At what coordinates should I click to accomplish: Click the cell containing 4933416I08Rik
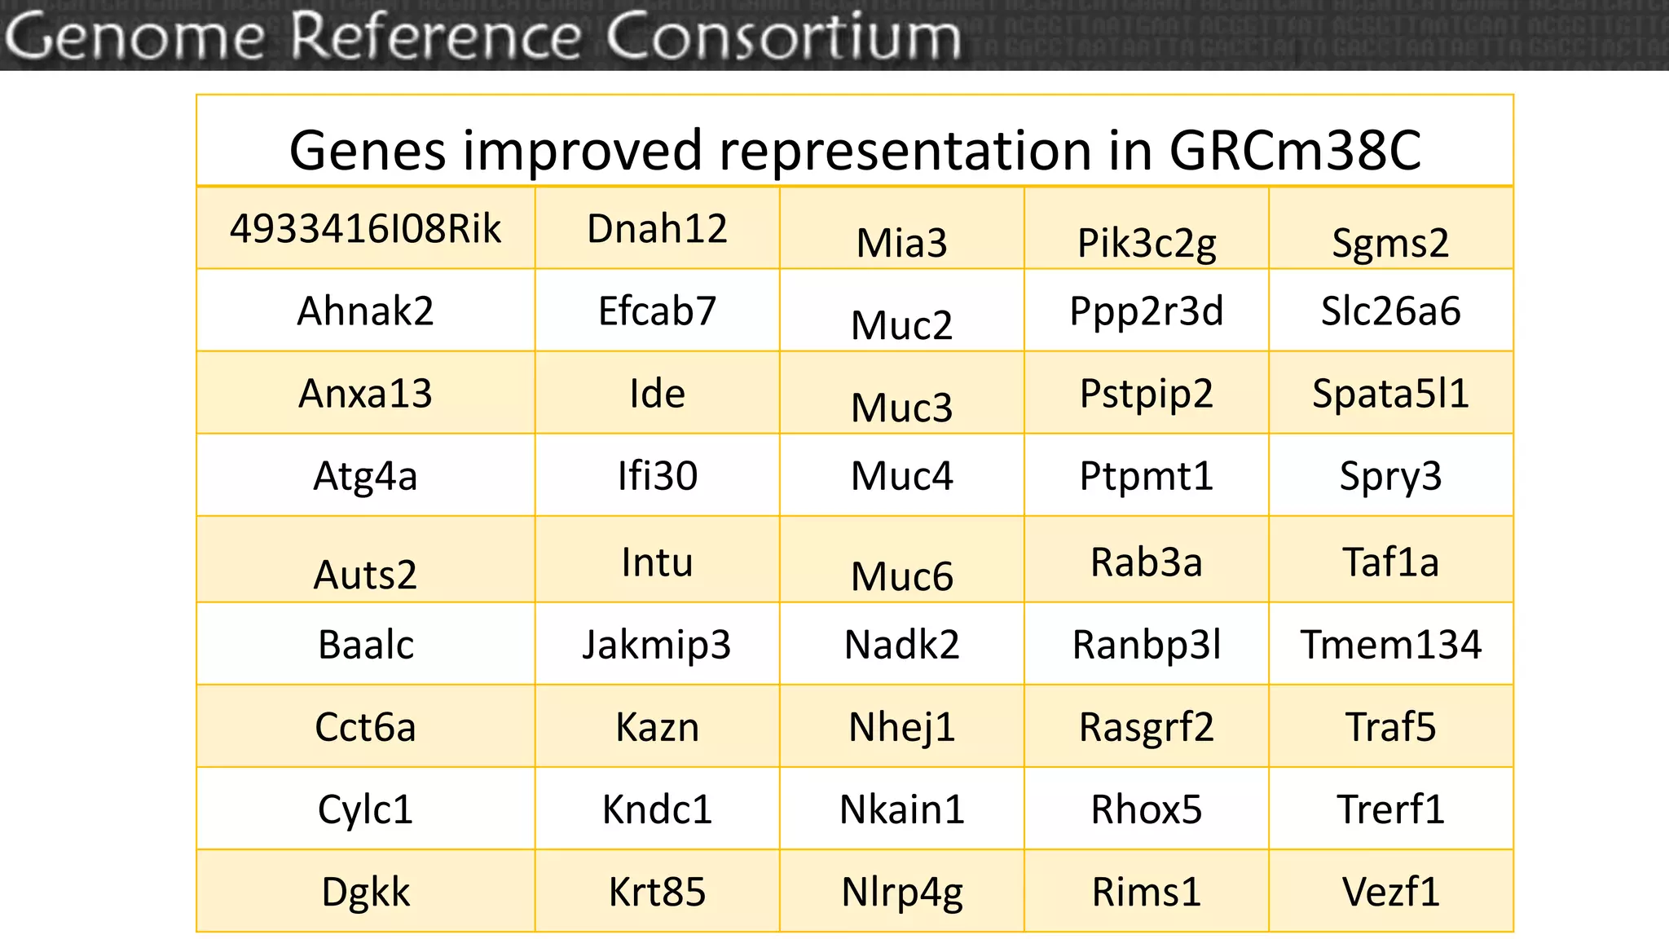coord(365,229)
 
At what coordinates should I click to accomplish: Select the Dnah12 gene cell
coord(657,229)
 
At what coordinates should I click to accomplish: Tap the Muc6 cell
coord(901,575)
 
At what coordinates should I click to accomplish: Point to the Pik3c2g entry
coord(1146,243)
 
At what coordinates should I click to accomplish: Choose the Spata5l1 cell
coord(1390,394)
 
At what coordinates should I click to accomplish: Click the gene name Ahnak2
coord(365,311)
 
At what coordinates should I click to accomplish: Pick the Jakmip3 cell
coord(657,645)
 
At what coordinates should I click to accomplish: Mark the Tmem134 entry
coord(1390,645)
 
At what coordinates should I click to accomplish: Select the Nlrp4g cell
coord(901,892)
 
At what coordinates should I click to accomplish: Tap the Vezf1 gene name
coord(1390,892)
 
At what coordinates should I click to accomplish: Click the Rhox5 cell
coord(1146,809)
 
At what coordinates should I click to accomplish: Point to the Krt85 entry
coord(657,892)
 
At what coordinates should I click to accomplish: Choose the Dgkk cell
coord(365,892)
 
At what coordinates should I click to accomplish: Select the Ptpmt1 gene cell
coord(1146,476)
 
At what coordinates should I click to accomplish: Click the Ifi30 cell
coord(657,476)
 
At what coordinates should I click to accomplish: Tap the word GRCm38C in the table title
coord(1295,151)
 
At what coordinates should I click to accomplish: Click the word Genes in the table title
coord(368,151)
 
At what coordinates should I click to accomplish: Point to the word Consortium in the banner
coord(783,36)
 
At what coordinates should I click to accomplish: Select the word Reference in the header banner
coord(436,36)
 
